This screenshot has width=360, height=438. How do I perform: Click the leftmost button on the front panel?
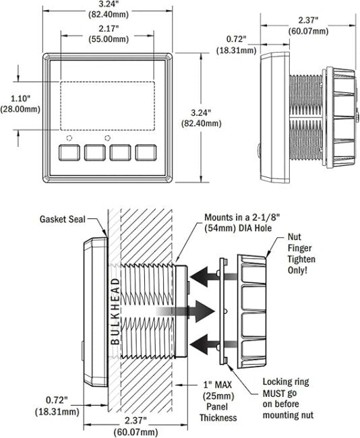point(69,152)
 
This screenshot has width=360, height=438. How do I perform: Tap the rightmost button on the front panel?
point(146,152)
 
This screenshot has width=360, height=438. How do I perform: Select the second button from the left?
point(95,152)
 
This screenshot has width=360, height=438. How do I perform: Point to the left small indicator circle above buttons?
point(69,138)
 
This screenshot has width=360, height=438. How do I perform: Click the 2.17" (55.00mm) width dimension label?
point(109,34)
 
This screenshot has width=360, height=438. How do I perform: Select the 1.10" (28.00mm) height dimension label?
point(20,104)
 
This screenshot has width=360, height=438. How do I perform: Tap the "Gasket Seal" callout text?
point(62,219)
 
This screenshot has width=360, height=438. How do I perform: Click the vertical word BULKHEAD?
point(115,311)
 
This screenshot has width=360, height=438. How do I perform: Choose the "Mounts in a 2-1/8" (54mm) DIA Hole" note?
point(238,222)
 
